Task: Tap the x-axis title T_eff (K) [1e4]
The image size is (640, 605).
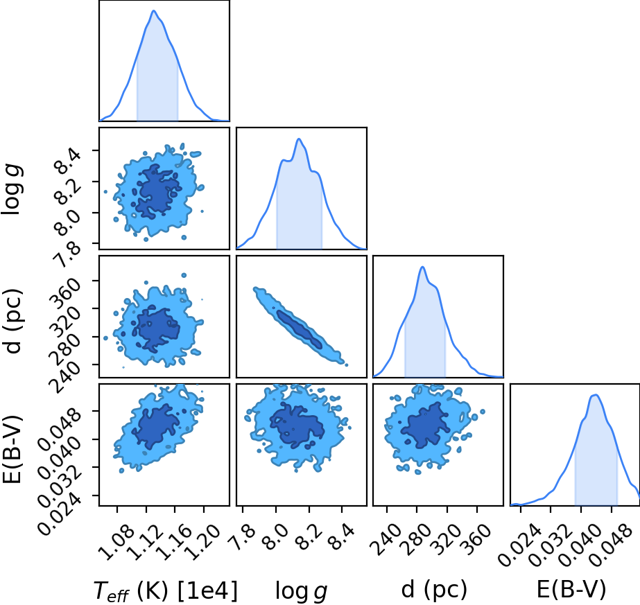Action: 165,590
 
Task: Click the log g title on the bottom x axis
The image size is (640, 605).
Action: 301,590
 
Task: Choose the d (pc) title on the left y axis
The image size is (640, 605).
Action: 12,321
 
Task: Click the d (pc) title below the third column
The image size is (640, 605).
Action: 434,589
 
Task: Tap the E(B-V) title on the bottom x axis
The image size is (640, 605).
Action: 571,589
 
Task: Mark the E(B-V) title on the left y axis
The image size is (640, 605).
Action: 12,449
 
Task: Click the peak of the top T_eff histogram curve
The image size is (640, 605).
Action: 154,10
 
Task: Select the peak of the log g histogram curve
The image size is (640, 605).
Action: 299,139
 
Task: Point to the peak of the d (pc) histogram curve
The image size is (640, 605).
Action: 423,267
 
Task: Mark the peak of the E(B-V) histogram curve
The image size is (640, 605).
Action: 596,394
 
